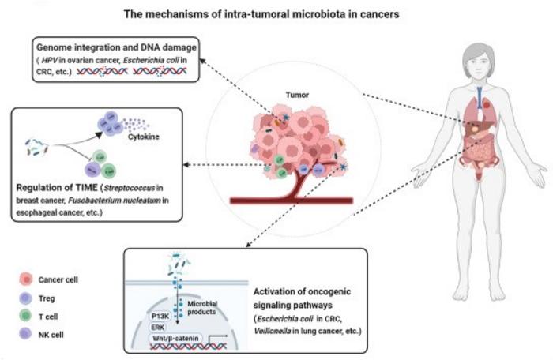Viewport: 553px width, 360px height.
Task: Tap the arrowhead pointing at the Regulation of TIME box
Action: click(182, 164)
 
